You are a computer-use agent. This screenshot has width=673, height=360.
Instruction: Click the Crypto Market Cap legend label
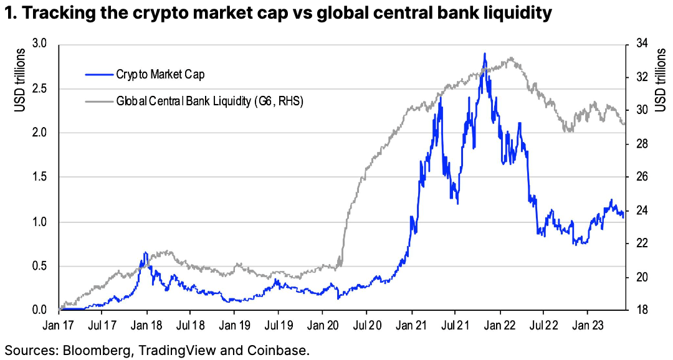point(160,75)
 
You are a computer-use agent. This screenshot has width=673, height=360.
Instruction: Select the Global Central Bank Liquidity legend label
point(209,100)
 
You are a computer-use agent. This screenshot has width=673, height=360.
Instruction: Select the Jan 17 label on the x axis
point(59,325)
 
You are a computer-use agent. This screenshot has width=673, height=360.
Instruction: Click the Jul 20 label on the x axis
point(366,325)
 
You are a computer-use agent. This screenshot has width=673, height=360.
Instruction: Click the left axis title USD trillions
point(19,80)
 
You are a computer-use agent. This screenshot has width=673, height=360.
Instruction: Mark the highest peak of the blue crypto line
point(484,54)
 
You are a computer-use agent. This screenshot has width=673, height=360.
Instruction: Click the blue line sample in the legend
point(98,75)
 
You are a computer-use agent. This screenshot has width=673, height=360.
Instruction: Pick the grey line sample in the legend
point(98,100)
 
